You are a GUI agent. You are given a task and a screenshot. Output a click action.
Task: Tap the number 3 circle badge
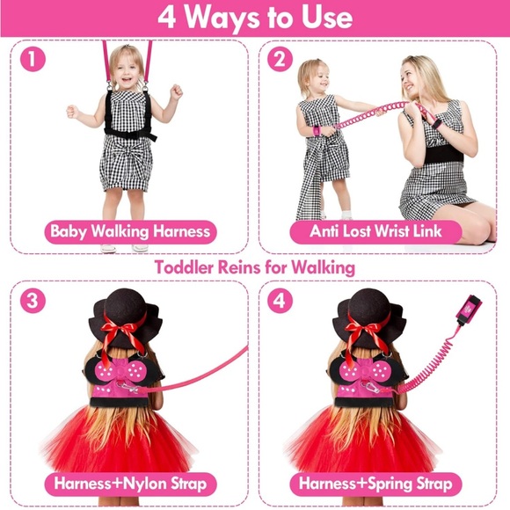[x=32, y=300]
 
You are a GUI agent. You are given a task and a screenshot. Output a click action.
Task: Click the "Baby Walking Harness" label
[x=130, y=232]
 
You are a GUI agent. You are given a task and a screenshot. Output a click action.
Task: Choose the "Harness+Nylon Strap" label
[x=130, y=484]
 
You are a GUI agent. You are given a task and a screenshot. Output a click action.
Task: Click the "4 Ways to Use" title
[x=255, y=17]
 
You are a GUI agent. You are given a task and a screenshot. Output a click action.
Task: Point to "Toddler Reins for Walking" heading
[x=255, y=266]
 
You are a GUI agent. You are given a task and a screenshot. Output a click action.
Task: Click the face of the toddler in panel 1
[x=128, y=69]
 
